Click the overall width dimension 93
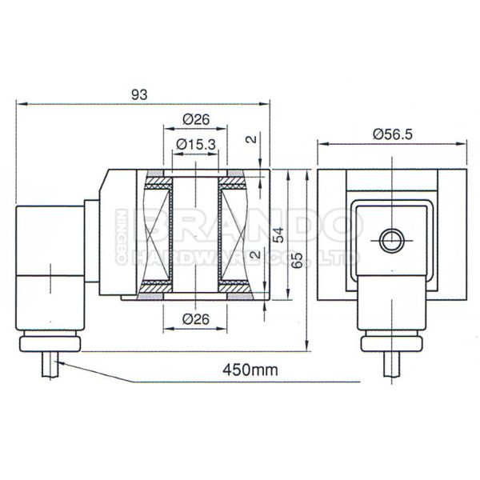tap(139, 94)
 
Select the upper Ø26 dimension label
tap(196, 119)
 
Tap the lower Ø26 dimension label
tap(196, 319)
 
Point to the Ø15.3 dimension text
tap(195, 144)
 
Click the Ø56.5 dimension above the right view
tap(392, 135)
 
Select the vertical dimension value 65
tap(298, 260)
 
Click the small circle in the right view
tap(392, 238)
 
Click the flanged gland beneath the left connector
tap(50, 343)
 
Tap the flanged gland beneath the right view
tap(392, 343)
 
